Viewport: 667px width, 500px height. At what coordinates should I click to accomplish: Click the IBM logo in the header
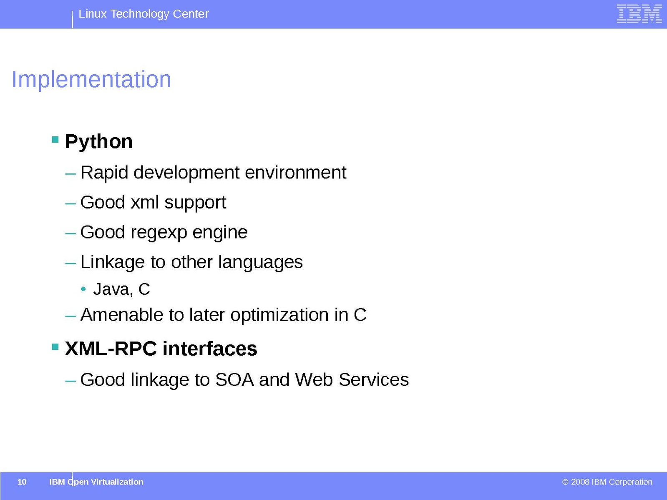639,14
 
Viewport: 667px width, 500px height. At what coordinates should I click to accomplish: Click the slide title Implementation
91,80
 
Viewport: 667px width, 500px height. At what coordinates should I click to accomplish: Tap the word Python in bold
99,142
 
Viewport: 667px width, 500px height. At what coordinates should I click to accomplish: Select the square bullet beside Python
55,140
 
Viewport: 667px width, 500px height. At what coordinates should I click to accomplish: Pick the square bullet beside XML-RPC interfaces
55,347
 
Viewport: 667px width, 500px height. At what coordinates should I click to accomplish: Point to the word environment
295,173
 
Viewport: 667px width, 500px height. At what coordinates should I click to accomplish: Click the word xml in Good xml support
145,202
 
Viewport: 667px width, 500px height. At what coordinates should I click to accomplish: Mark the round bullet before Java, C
83,289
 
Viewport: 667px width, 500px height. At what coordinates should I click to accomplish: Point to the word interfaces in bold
210,349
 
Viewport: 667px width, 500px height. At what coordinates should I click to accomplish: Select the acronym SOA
234,380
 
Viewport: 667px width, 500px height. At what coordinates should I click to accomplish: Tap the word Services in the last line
374,380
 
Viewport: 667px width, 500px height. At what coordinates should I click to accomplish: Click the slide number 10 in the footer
22,482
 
